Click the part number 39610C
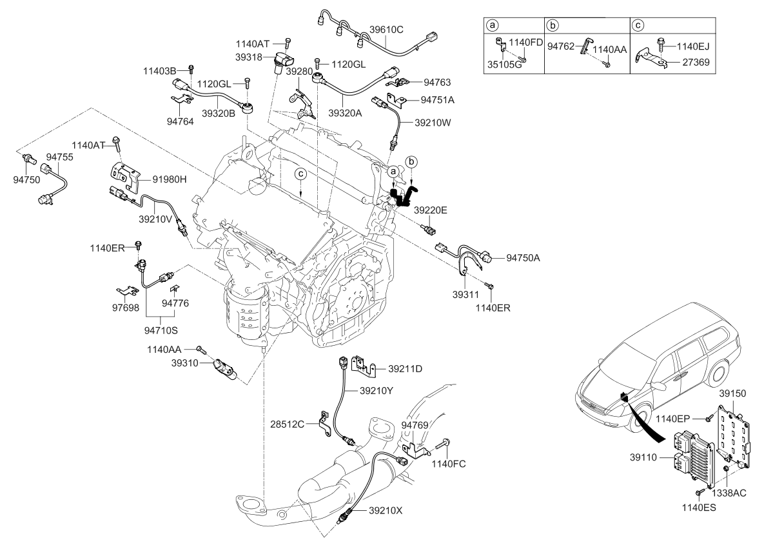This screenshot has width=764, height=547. tap(386, 28)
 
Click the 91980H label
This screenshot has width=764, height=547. tap(169, 179)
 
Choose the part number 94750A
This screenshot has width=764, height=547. tap(523, 257)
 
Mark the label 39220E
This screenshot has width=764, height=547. tap(431, 210)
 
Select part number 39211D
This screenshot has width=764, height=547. tap(406, 368)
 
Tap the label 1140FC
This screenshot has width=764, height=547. tap(449, 462)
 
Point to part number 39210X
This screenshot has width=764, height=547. tap(386, 510)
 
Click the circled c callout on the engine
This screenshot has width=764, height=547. tap(300, 174)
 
